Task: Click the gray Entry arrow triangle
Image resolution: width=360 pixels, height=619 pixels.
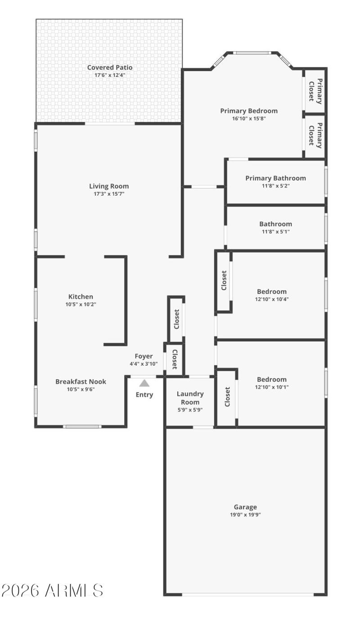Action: pyautogui.click(x=144, y=383)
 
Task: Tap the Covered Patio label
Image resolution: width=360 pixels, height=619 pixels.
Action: pyautogui.click(x=110, y=67)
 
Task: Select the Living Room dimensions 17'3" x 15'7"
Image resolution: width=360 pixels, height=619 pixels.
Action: pyautogui.click(x=109, y=194)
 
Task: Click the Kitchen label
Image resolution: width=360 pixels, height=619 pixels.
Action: pyautogui.click(x=81, y=296)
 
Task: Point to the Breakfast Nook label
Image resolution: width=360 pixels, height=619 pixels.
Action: pyautogui.click(x=81, y=381)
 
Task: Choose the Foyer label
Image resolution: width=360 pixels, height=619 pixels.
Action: pyautogui.click(x=144, y=356)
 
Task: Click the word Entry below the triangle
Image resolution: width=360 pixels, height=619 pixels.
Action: pyautogui.click(x=144, y=395)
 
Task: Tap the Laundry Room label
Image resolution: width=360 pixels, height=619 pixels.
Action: pyautogui.click(x=190, y=398)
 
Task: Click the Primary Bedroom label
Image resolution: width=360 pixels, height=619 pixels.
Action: pyautogui.click(x=249, y=111)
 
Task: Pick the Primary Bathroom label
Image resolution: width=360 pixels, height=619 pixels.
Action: pyautogui.click(x=275, y=178)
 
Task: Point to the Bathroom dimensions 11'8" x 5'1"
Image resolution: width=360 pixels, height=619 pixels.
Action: pyautogui.click(x=275, y=232)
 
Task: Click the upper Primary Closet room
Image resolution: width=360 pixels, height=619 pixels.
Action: pyautogui.click(x=315, y=90)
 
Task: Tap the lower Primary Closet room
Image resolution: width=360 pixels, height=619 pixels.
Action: pyautogui.click(x=315, y=135)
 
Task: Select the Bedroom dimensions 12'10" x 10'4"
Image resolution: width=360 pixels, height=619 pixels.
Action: pyautogui.click(x=272, y=299)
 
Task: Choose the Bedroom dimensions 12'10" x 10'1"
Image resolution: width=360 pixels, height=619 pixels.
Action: pyautogui.click(x=272, y=387)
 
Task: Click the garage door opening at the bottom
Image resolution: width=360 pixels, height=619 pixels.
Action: pyautogui.click(x=247, y=594)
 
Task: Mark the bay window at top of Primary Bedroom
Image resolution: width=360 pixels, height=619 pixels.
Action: pyautogui.click(x=252, y=53)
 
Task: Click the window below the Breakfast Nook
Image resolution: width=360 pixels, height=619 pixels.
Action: pyautogui.click(x=82, y=426)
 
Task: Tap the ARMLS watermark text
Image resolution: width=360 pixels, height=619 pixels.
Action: pyautogui.click(x=53, y=591)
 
